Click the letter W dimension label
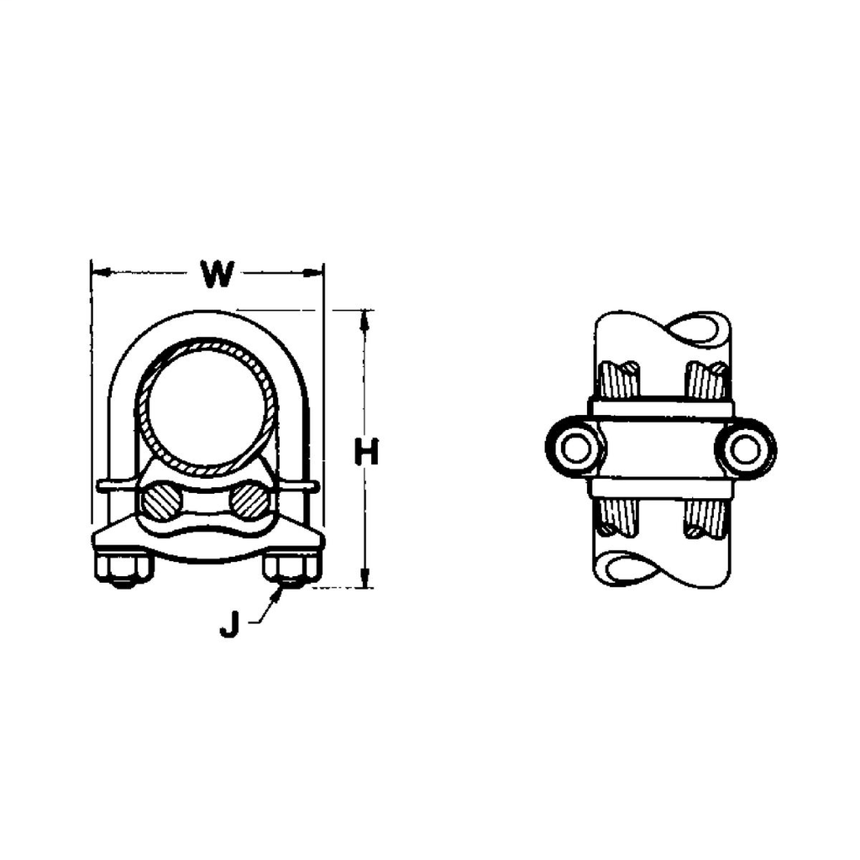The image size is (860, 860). (x=216, y=275)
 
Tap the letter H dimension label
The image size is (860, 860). (x=366, y=454)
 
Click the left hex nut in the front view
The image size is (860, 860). (x=123, y=569)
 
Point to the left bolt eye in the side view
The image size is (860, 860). (x=576, y=448)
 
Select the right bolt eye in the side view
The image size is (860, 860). (x=746, y=448)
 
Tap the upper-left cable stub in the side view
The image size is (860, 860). (x=620, y=380)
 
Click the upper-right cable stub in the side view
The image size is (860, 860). (x=705, y=380)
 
